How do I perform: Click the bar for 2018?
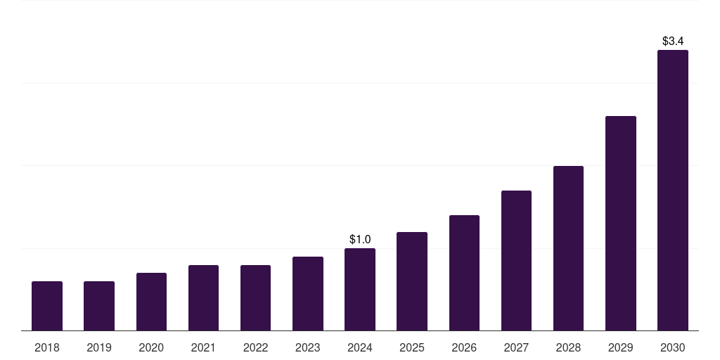coord(47,306)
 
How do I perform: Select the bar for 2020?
coord(151,302)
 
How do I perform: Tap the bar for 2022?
coord(255,297)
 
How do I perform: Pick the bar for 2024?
coord(360,289)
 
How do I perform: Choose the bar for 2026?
coord(464,273)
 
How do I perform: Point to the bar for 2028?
coord(568,248)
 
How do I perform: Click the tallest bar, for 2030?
coord(673,190)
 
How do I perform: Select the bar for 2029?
coord(621,223)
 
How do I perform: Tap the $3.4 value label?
coord(673,41)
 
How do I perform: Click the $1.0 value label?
coord(360,240)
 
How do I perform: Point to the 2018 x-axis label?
coord(47,347)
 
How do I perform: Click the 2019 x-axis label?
coord(99,347)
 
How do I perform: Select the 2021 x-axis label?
coord(203,347)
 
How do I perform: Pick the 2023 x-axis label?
coord(308,347)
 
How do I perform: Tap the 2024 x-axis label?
coord(360,347)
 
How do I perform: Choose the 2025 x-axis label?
coord(412,347)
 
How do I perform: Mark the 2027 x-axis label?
coord(516,347)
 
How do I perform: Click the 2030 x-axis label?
coord(673,347)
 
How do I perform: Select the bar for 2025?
coord(412,281)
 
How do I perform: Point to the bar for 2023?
coord(308,293)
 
